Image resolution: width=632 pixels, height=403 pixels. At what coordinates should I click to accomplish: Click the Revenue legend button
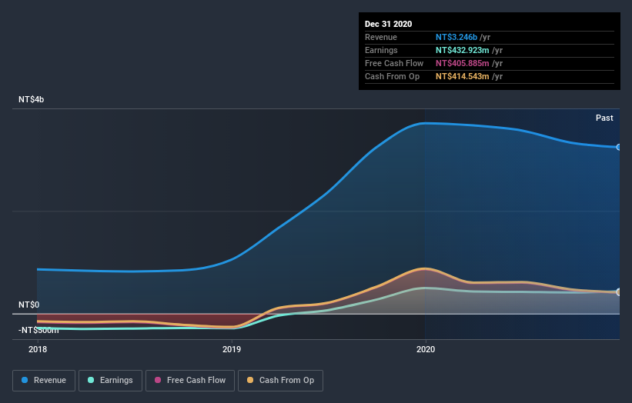tap(45, 380)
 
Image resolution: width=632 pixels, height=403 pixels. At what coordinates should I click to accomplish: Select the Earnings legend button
tap(111, 380)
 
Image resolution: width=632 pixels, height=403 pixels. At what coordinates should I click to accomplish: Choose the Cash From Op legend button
tap(280, 380)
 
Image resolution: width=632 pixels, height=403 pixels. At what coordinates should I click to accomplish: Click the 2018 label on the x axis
tap(37, 349)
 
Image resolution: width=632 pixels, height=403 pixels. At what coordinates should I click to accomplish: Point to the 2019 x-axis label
tap(232, 349)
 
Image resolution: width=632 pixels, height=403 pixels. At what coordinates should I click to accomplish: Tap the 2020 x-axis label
tap(426, 349)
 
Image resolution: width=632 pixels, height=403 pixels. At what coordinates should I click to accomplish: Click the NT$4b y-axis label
tap(32, 100)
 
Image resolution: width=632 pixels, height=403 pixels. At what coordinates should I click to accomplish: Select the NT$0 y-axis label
tap(28, 305)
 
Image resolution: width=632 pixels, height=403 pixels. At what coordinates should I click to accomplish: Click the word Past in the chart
tap(604, 118)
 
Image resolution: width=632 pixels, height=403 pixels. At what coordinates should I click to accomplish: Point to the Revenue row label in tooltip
tap(381, 37)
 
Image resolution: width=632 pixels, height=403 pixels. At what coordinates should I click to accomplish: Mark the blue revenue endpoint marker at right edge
tap(618, 147)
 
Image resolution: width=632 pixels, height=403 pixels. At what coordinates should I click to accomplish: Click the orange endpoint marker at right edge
tap(618, 292)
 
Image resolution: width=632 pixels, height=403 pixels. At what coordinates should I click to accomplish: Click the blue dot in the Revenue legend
tap(25, 380)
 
